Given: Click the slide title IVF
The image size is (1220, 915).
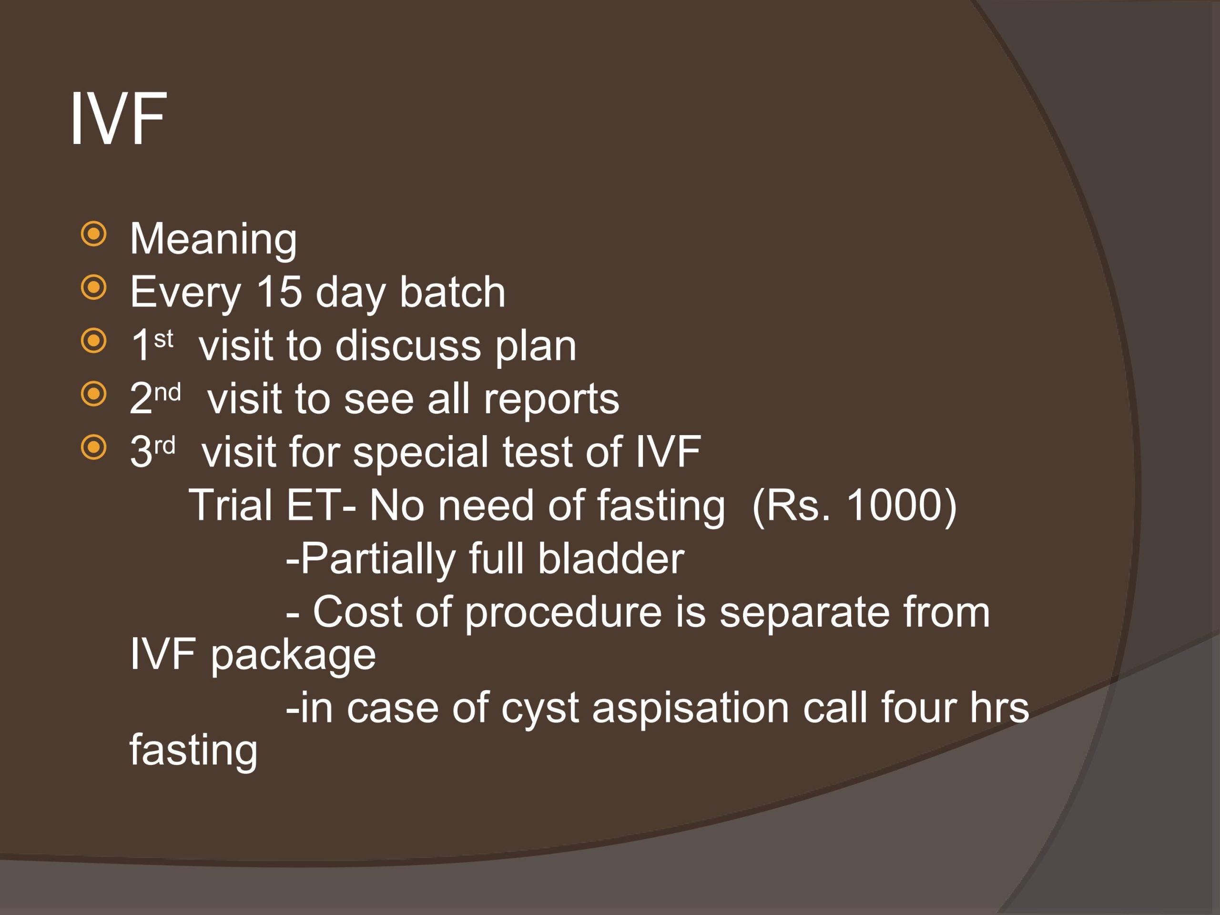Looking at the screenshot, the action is pyautogui.click(x=118, y=119).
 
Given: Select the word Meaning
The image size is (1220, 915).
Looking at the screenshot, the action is pyautogui.click(x=213, y=240).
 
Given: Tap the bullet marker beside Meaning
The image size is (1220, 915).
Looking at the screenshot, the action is pyautogui.click(x=93, y=234).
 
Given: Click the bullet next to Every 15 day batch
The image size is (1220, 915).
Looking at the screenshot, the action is pyautogui.click(x=93, y=287).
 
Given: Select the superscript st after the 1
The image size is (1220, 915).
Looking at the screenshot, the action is pyautogui.click(x=164, y=339).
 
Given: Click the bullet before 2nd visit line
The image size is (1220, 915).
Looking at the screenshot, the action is pyautogui.click(x=93, y=394).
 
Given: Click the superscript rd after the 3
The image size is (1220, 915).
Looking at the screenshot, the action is pyautogui.click(x=165, y=445).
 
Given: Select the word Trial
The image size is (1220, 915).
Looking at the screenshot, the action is pyautogui.click(x=231, y=505).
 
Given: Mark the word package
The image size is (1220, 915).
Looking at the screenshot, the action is pyautogui.click(x=294, y=656).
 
